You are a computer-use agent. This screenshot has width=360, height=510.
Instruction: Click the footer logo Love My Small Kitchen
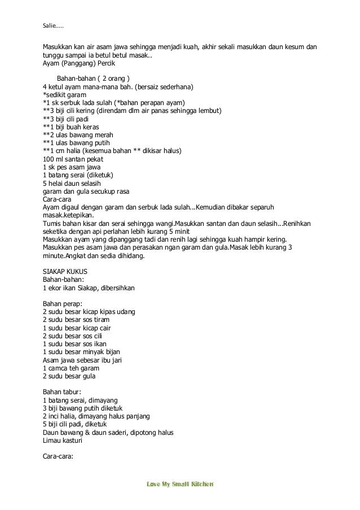point(179,484)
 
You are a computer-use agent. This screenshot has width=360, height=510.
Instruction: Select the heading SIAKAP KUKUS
point(65,271)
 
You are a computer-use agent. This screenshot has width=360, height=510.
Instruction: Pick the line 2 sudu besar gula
point(69,376)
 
